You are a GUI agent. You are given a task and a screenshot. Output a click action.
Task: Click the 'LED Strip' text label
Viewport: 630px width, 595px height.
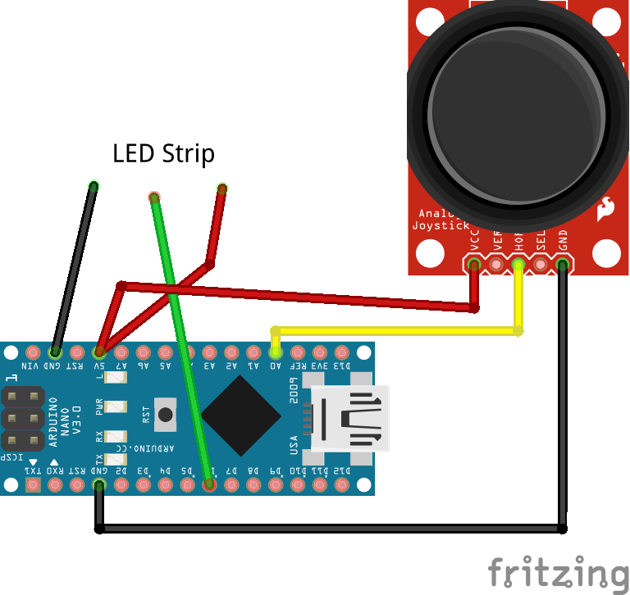coord(163,153)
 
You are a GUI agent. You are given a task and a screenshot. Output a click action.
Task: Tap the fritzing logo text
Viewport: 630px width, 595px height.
coord(557,572)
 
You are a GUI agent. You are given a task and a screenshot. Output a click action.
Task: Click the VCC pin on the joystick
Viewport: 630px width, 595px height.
coord(474,264)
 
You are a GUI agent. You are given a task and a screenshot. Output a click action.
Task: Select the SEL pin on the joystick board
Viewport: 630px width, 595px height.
coord(541,264)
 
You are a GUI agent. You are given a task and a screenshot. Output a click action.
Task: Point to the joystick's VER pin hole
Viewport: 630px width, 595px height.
coord(496,264)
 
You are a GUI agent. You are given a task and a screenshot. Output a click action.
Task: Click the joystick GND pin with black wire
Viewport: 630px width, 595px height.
coord(563,264)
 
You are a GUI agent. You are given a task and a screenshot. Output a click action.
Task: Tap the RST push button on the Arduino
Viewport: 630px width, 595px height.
coord(166,414)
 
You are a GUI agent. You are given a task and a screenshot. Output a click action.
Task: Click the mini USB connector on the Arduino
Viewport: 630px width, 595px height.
coord(349,418)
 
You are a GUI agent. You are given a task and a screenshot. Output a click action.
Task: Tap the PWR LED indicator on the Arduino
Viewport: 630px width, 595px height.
coord(121,407)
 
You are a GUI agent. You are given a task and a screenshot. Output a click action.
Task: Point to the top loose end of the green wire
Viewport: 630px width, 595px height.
coord(154,198)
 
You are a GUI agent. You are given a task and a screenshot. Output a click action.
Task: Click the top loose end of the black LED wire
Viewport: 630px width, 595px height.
coord(94,186)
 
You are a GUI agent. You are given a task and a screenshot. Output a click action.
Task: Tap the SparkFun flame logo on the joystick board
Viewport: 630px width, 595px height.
coord(607,209)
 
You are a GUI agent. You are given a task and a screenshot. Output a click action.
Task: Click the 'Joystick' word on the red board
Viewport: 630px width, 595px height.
coord(441,225)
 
